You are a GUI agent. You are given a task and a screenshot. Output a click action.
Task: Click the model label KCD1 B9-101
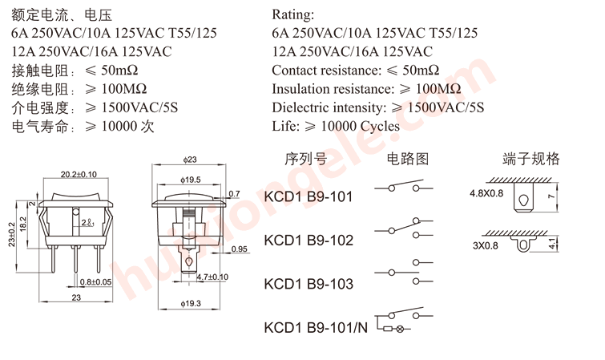(x=308, y=196)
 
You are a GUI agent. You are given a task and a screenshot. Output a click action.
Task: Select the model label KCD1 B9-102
(x=308, y=240)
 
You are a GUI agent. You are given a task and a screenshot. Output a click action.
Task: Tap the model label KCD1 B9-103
(x=308, y=283)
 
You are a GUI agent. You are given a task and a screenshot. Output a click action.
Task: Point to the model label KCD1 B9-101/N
(x=315, y=327)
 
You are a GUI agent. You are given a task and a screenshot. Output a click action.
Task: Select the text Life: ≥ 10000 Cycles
(x=335, y=125)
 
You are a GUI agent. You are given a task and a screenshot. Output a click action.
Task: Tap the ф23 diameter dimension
(x=190, y=160)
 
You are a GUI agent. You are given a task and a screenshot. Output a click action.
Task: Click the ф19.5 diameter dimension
(x=190, y=180)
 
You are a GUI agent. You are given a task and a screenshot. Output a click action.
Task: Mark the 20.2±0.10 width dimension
(x=79, y=174)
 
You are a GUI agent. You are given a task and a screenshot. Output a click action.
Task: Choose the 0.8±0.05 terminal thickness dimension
(x=96, y=281)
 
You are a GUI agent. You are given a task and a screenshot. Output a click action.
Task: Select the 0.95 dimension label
(x=239, y=249)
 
